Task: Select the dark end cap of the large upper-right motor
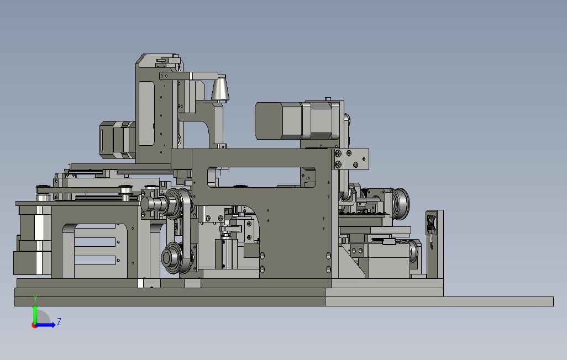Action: (x=269, y=120)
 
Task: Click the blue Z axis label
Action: (x=59, y=322)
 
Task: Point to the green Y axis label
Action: (x=35, y=298)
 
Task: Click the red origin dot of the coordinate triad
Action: (x=34, y=325)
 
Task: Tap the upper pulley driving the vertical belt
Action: (x=177, y=203)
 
